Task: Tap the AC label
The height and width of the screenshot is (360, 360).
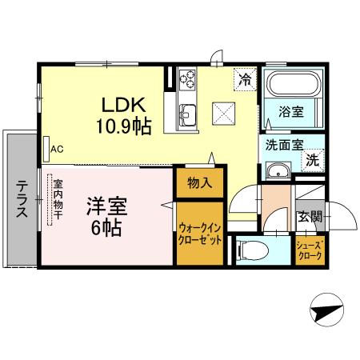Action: (57, 149)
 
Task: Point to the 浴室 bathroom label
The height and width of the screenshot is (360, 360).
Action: (290, 113)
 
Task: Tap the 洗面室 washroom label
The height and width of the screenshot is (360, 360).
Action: (284, 146)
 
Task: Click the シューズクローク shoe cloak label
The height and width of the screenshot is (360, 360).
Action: (309, 251)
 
